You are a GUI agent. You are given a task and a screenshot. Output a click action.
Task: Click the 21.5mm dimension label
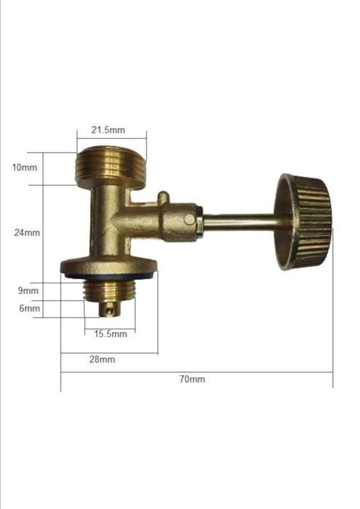pos(108,130)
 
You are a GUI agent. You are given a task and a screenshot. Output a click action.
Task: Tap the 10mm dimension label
pos(24,167)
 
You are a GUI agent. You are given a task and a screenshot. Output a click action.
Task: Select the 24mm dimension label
pos(27,233)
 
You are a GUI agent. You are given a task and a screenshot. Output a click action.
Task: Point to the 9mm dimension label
pos(28,291)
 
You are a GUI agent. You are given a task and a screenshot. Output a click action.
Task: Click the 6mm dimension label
pos(29,308)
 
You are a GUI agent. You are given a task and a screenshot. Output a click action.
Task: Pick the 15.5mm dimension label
pos(111,334)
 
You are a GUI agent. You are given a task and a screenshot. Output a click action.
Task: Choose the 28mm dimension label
pos(102,360)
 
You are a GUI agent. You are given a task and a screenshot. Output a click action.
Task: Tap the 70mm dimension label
pos(192,379)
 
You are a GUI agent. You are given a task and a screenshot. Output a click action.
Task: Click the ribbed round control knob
pos(303,222)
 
